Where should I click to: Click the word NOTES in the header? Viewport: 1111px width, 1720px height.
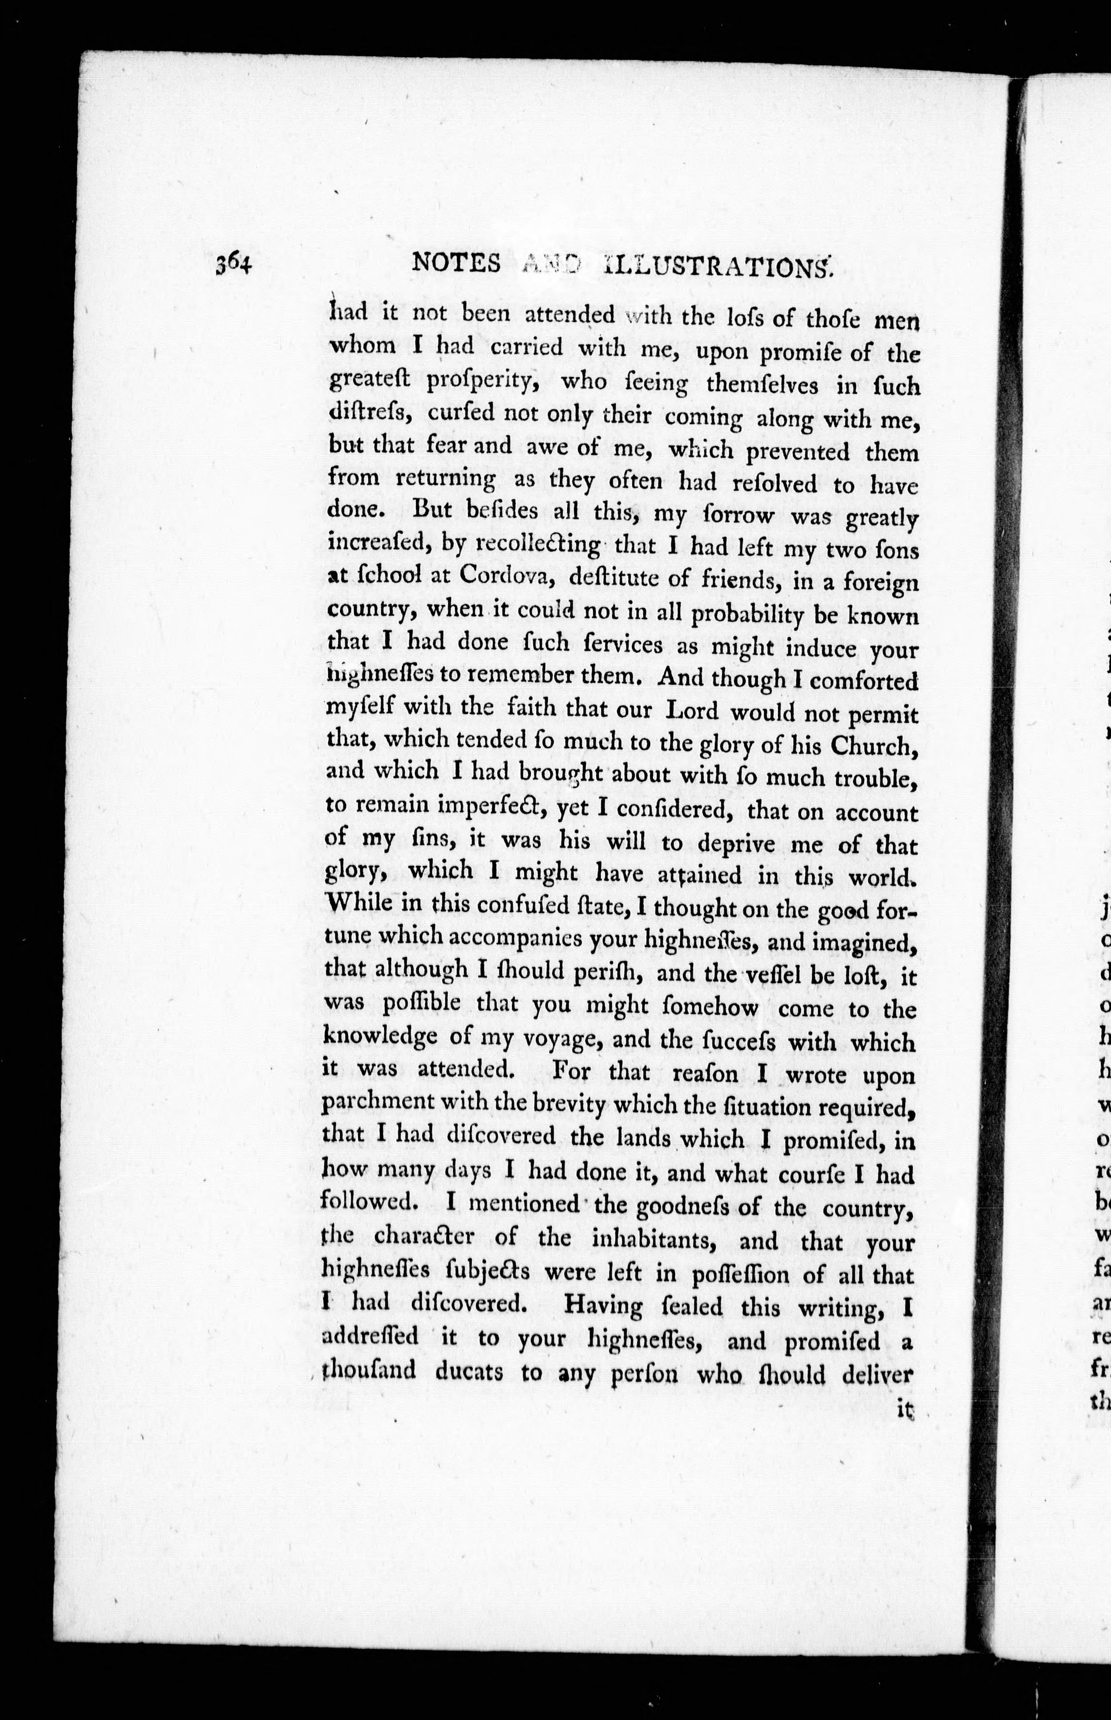[x=455, y=264]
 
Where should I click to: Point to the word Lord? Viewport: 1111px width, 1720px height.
[x=691, y=710]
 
